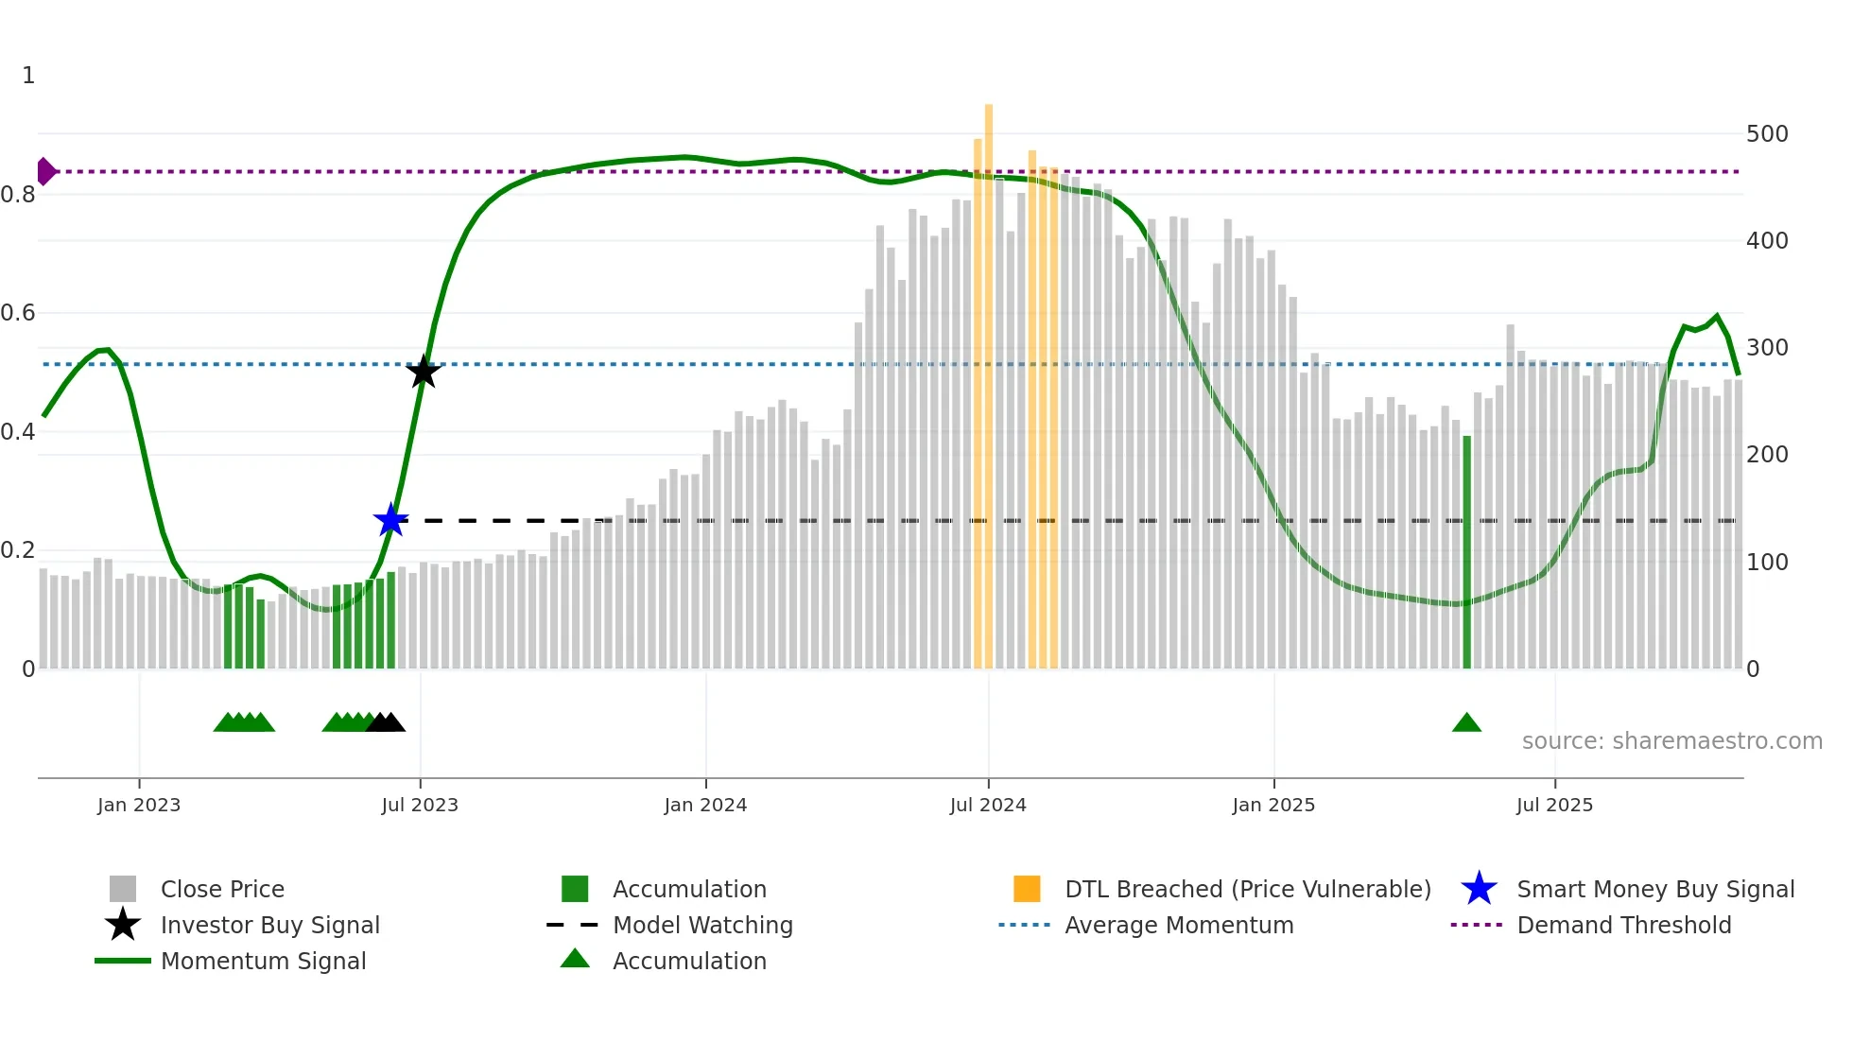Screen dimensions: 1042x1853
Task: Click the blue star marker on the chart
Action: coord(390,520)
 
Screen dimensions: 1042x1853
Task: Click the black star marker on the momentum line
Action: coord(424,372)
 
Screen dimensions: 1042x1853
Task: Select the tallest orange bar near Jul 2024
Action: coord(989,378)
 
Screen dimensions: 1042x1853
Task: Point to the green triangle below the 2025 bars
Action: coord(1466,723)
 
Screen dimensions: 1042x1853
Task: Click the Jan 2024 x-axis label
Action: coord(705,805)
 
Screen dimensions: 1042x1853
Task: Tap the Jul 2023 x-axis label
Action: coord(420,805)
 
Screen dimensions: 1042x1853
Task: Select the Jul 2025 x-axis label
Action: coord(1554,805)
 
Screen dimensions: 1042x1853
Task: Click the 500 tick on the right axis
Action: coord(1767,134)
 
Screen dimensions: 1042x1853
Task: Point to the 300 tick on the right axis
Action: coord(1767,348)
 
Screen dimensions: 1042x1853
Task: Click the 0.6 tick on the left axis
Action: coord(19,313)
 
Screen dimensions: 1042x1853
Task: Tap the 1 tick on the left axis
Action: coord(28,76)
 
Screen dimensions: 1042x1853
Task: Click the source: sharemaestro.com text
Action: coord(1671,741)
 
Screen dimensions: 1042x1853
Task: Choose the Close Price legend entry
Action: coord(222,889)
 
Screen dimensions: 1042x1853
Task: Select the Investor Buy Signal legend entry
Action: coord(269,925)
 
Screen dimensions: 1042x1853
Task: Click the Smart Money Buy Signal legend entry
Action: coord(1655,889)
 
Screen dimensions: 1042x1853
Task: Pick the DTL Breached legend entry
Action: coord(1247,889)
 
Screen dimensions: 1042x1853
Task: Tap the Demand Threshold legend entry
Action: coord(1623,925)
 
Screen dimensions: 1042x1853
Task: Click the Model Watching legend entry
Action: coord(702,925)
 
